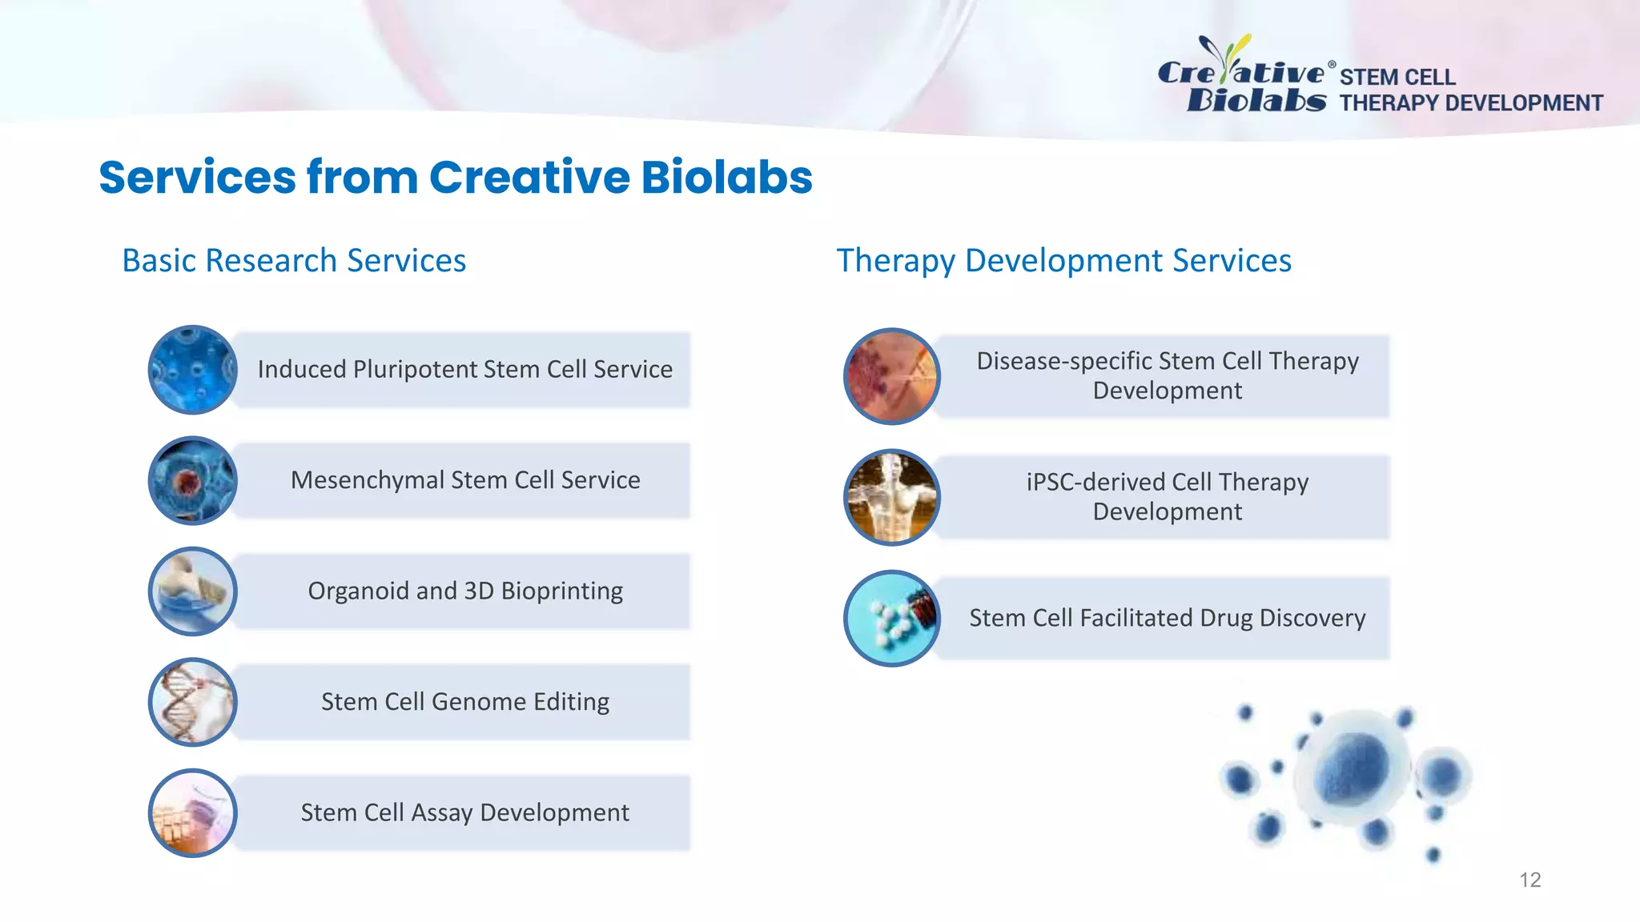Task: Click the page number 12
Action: [x=1529, y=880]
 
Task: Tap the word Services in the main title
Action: [x=197, y=177]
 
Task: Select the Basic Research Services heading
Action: [x=294, y=261]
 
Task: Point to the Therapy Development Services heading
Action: [x=1063, y=261]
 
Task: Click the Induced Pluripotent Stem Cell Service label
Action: [x=464, y=370]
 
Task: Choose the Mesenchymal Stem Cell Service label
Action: [x=464, y=480]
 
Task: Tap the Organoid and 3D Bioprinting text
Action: [x=464, y=591]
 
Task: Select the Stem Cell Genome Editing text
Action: [x=464, y=702]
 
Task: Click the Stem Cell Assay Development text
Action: [x=464, y=812]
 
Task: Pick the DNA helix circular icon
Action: [x=193, y=702]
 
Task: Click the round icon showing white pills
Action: [x=891, y=618]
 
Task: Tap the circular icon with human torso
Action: [x=891, y=497]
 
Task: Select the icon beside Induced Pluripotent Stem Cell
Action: [x=193, y=370]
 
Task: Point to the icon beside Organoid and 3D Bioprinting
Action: [x=193, y=591]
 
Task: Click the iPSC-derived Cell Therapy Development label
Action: [x=1167, y=497]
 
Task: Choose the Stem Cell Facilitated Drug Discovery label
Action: [x=1167, y=618]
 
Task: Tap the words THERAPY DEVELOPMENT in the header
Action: [x=1470, y=103]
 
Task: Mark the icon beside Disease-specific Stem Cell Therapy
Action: [x=891, y=376]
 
